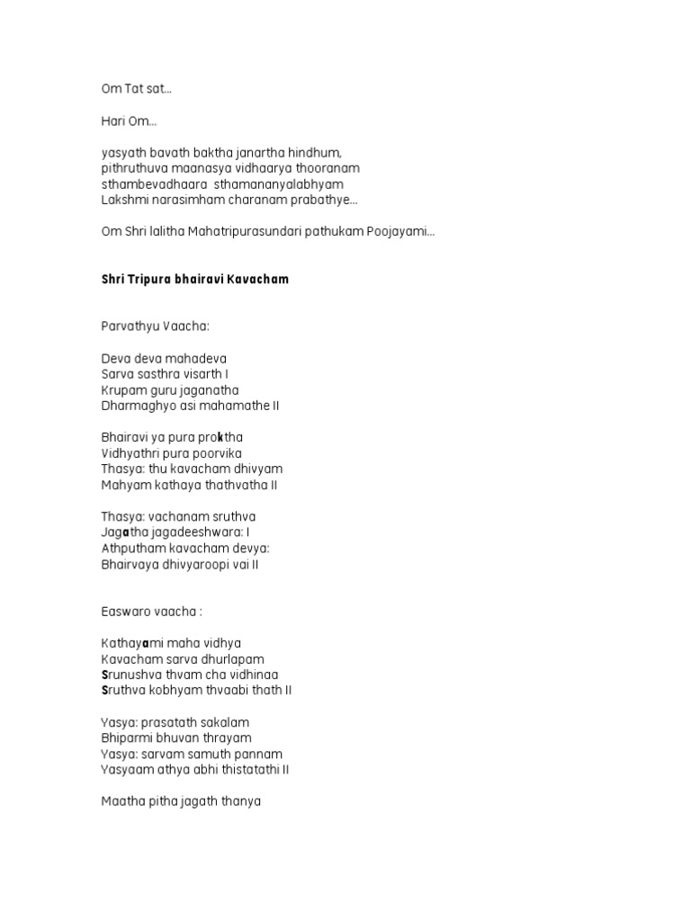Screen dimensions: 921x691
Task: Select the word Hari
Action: [112, 121]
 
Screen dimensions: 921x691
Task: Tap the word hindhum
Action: [315, 153]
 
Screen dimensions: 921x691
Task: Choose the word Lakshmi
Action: [123, 200]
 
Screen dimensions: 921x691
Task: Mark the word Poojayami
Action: [400, 232]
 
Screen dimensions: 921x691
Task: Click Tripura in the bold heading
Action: [158, 280]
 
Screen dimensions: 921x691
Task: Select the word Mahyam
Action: [122, 485]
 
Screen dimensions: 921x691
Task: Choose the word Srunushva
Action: [133, 675]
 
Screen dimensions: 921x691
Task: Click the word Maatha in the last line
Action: [121, 801]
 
